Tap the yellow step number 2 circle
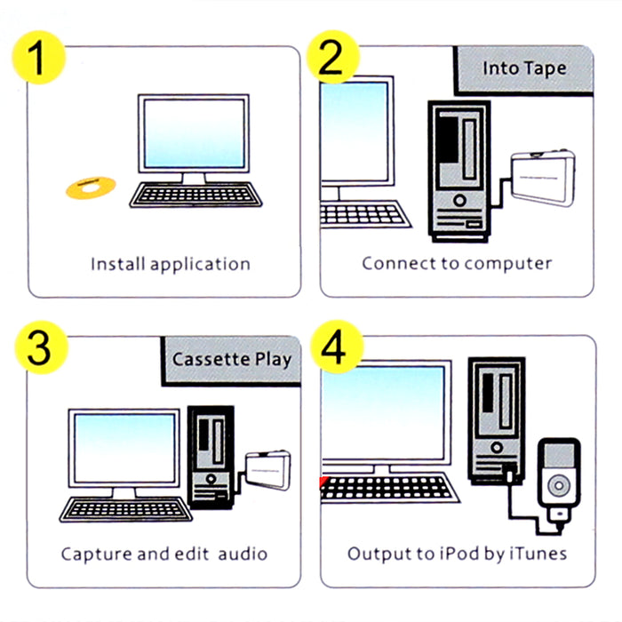(x=331, y=58)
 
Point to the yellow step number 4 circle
(x=331, y=351)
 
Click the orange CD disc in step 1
(x=91, y=187)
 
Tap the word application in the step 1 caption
(x=200, y=265)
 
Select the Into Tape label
(x=523, y=68)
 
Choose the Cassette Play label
(x=231, y=360)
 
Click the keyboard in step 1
(x=197, y=195)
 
